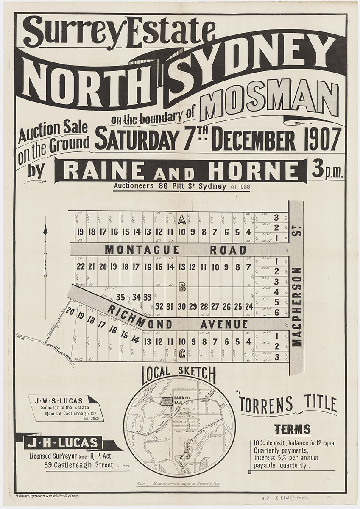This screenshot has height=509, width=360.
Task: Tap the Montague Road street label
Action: (x=176, y=250)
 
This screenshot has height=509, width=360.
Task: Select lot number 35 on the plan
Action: (x=120, y=297)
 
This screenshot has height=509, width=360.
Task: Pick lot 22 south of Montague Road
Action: (x=81, y=267)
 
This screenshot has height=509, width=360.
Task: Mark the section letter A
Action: (x=181, y=220)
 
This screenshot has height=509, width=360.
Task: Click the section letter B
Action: (x=182, y=288)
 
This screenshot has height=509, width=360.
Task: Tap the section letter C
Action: (x=182, y=353)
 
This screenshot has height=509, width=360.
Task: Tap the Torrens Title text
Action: (x=288, y=404)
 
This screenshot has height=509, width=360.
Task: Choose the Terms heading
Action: (x=292, y=430)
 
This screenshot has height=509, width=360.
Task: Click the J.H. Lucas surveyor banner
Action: (x=59, y=443)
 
